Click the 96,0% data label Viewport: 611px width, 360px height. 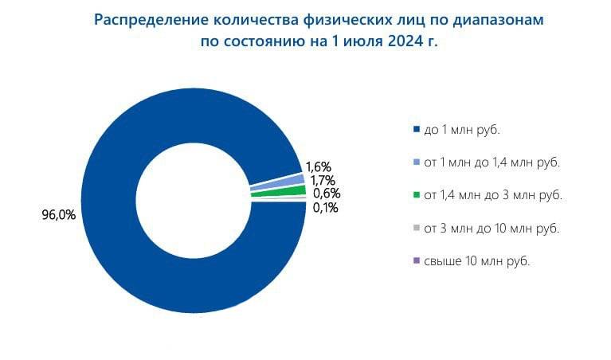click(59, 215)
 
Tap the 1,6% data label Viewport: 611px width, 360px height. click(319, 167)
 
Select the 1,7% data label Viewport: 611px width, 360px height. click(323, 180)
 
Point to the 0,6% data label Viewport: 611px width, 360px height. click(327, 194)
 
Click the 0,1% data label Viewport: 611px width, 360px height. click(325, 208)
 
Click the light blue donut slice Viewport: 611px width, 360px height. click(277, 182)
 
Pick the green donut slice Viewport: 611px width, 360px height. click(278, 193)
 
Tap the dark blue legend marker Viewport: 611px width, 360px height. click(416, 129)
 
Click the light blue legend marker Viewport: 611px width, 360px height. click(416, 162)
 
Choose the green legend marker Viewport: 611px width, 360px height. click(416, 195)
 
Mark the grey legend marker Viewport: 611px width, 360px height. click(416, 228)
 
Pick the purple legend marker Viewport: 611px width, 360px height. click(416, 260)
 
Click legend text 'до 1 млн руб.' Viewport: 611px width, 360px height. click(462, 130)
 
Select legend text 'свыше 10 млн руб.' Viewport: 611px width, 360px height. click(477, 260)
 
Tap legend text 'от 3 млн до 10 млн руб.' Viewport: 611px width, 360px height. click(492, 228)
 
